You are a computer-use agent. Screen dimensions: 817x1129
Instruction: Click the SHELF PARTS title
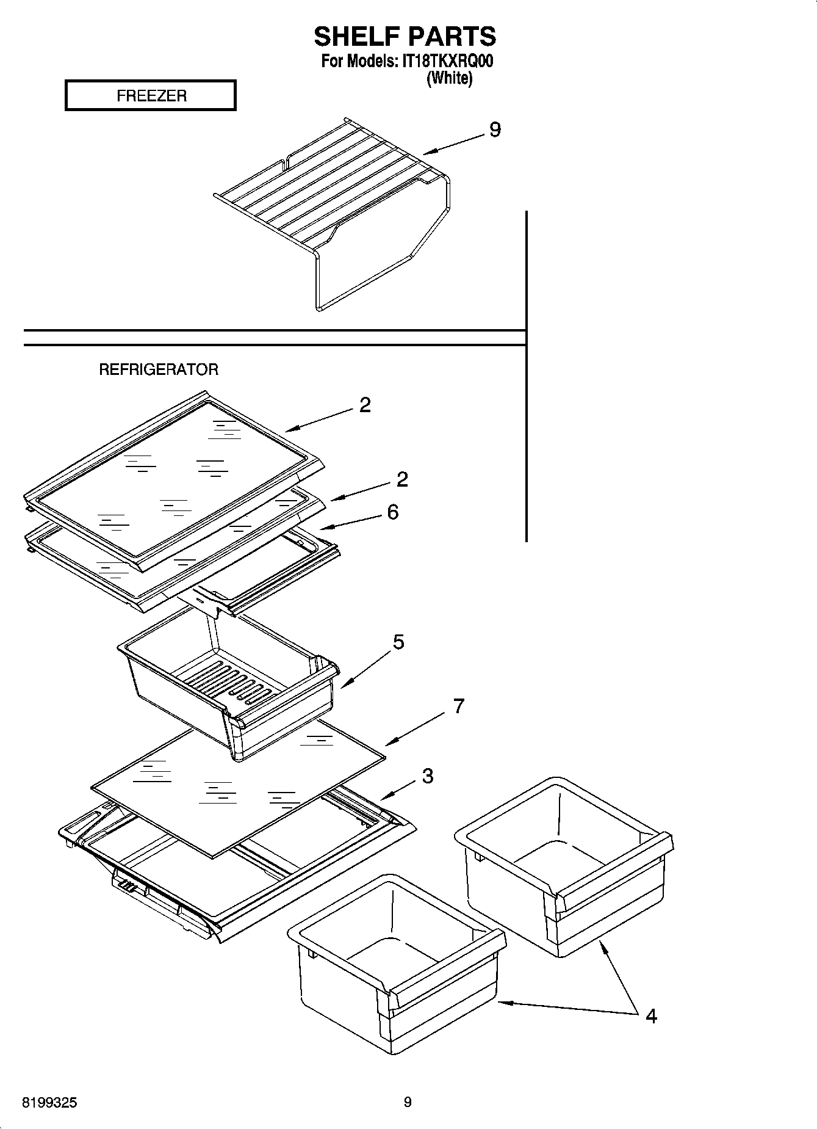(405, 37)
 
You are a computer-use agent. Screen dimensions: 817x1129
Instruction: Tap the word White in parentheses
(450, 78)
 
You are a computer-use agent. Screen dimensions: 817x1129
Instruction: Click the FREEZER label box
(151, 96)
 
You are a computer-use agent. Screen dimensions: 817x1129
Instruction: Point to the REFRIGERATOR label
(159, 369)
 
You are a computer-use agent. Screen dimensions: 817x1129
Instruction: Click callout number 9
(495, 130)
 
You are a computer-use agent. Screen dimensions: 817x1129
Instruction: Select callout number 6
(393, 512)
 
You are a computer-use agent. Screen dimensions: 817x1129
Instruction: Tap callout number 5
(398, 642)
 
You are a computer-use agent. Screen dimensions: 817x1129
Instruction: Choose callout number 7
(458, 706)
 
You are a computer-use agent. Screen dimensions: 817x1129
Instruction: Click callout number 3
(428, 776)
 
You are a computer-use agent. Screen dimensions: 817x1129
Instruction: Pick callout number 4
(651, 1016)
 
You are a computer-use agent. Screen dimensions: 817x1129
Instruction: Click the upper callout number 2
(365, 405)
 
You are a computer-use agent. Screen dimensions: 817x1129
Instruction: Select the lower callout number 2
(401, 479)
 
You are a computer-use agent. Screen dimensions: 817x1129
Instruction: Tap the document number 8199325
(50, 1103)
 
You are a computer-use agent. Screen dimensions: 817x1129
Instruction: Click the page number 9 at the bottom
(408, 1102)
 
